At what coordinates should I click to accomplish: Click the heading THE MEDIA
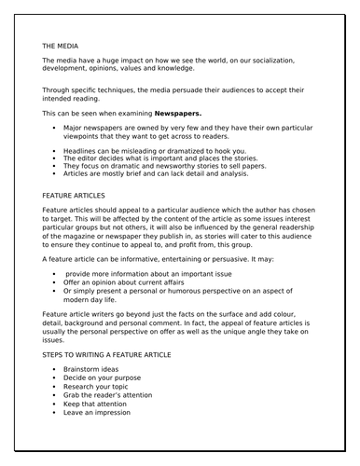click(61, 45)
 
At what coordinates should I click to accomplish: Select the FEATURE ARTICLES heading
click(74, 197)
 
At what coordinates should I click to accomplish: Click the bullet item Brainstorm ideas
click(94, 370)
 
